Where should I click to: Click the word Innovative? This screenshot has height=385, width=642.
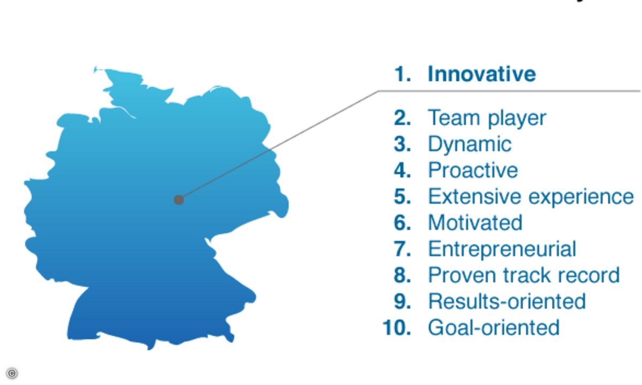coord(482,74)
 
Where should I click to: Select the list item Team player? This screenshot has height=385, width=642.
coord(487,118)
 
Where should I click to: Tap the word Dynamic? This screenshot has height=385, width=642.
coord(470,144)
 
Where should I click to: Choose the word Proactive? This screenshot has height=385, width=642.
coord(473,170)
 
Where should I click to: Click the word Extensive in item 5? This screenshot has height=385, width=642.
coord(475,197)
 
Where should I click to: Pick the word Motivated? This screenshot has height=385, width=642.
coord(475,222)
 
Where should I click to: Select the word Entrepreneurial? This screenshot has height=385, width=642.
coord(502,250)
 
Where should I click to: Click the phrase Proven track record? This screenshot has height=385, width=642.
coord(524,275)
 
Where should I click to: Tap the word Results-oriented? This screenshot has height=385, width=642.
coord(507,302)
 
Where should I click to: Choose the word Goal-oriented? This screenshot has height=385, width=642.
coord(493,327)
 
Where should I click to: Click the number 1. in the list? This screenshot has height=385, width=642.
coord(403,74)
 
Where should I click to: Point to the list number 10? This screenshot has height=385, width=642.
coord(396,327)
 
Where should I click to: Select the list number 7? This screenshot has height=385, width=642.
coord(402,249)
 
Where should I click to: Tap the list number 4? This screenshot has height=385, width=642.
coord(402,170)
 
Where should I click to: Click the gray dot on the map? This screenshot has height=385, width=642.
coord(179,199)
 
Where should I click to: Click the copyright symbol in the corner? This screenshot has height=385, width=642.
coord(12,373)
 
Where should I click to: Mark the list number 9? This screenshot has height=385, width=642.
coord(402,302)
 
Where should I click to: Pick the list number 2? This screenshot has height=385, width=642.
coord(402,118)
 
